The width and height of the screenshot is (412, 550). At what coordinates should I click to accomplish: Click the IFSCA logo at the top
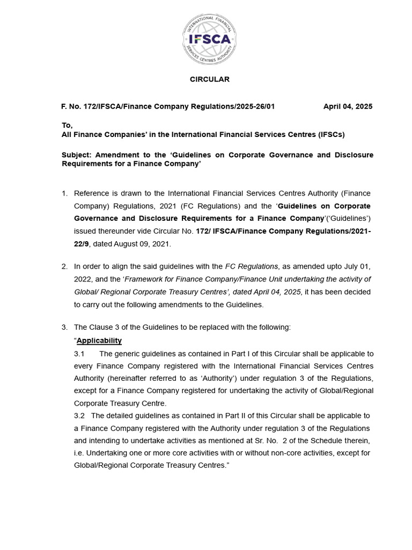[209, 39]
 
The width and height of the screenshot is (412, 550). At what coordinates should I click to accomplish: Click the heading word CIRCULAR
[209, 79]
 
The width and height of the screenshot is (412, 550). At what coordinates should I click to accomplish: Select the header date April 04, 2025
[348, 106]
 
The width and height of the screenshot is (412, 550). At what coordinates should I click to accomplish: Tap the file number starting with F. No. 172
[168, 106]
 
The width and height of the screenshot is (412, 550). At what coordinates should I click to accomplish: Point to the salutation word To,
[67, 125]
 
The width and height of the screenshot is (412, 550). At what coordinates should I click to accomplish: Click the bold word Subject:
[77, 155]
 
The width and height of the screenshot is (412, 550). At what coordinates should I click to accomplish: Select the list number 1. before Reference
[64, 193]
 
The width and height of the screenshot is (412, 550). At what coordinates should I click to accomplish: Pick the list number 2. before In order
[64, 266]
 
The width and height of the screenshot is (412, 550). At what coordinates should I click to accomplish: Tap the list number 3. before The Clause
[64, 328]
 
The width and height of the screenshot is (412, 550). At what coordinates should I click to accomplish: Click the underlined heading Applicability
[99, 341]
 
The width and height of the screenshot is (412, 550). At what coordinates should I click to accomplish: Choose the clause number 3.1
[79, 354]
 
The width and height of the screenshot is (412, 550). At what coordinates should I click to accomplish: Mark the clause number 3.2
[79, 416]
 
